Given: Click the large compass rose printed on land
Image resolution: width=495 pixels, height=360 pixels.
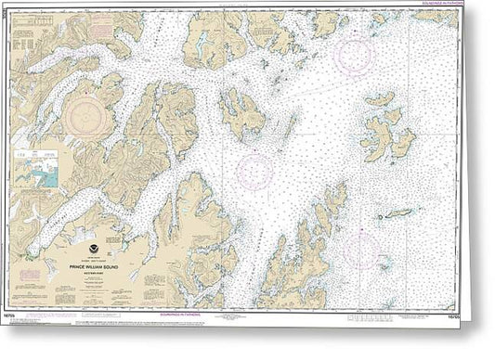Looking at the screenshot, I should [91, 119].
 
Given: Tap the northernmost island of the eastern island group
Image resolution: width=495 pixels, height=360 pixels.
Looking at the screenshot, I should [379, 99].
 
